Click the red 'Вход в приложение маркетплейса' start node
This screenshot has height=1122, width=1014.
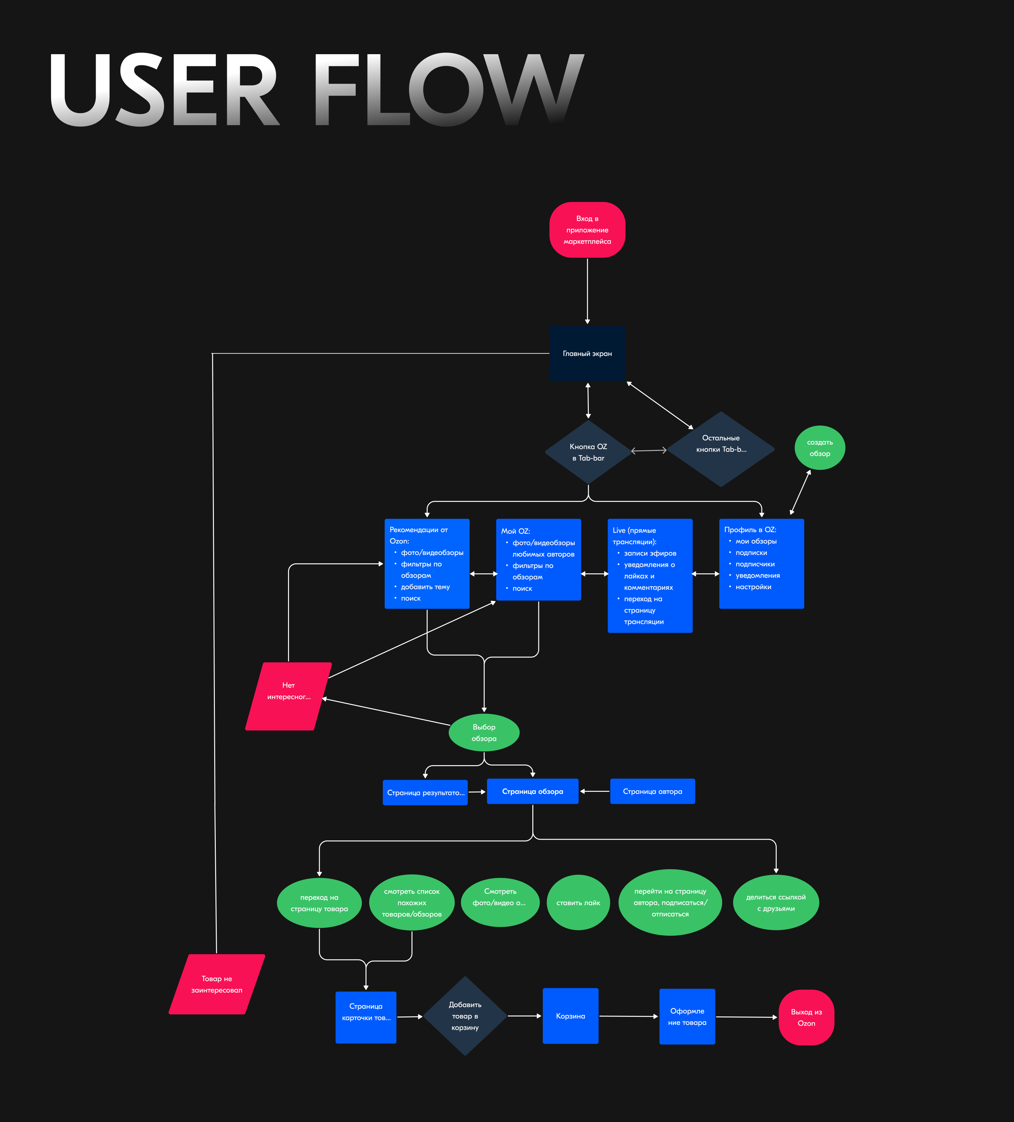tap(587, 230)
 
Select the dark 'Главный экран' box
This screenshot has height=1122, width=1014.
tap(587, 353)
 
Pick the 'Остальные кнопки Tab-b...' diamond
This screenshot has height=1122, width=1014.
tap(721, 449)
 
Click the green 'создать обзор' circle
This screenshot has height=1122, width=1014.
tap(820, 448)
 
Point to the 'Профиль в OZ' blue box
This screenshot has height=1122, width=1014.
tap(761, 563)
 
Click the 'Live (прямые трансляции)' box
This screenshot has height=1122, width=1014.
tap(650, 575)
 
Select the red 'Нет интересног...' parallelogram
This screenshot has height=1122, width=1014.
tap(288, 696)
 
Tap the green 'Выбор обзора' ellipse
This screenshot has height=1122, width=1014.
tap(484, 732)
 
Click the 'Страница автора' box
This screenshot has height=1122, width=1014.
tap(652, 792)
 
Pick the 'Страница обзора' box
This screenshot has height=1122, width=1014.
tap(533, 792)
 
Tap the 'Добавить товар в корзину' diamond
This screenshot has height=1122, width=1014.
tap(465, 1016)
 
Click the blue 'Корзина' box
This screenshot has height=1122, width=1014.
tap(570, 1016)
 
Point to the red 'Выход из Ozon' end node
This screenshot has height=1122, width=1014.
tap(806, 1017)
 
